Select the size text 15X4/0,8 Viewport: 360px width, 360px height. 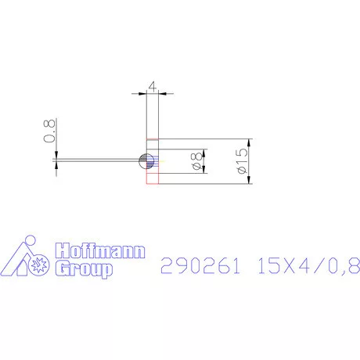click(x=308, y=266)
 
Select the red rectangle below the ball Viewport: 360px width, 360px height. click(x=152, y=178)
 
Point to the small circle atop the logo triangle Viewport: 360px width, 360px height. click(x=29, y=239)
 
